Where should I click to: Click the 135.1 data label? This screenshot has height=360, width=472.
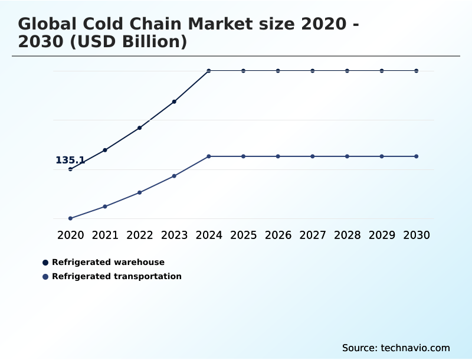70,161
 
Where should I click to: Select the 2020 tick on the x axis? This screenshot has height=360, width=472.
70,235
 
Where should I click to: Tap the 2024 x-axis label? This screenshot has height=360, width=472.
209,235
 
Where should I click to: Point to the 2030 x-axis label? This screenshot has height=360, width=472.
417,235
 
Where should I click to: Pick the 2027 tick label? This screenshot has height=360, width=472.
313,235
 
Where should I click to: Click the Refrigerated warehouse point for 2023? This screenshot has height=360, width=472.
174,102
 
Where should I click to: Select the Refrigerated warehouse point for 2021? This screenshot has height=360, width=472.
105,150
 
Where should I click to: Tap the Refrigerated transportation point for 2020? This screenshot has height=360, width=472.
70,218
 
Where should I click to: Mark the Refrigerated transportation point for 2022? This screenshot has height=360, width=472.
140,192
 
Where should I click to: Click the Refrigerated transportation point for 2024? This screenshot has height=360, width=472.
209,156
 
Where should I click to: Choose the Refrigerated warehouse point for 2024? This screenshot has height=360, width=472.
209,71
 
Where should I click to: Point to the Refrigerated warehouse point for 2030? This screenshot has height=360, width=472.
417,71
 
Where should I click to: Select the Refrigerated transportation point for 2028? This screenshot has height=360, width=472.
347,156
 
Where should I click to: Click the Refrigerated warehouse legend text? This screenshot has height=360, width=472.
108,262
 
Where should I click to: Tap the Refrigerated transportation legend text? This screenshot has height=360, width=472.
117,276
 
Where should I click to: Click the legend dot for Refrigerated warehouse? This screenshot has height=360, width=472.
45,263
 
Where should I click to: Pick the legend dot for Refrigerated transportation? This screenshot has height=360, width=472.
45,277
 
